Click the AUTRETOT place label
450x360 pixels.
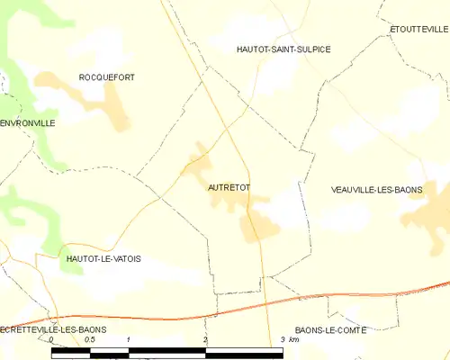(x=229, y=187)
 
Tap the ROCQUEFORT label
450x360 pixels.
(x=106, y=77)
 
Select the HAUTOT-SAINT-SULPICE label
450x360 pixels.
(x=283, y=49)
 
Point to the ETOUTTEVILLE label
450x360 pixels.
(x=419, y=29)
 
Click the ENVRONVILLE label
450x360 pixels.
(x=28, y=122)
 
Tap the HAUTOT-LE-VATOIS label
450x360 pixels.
(x=103, y=258)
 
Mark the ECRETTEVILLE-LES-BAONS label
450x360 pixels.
(x=53, y=330)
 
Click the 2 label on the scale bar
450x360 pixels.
(x=206, y=340)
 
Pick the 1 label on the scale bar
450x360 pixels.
(x=129, y=340)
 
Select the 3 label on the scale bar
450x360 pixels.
(x=283, y=340)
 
